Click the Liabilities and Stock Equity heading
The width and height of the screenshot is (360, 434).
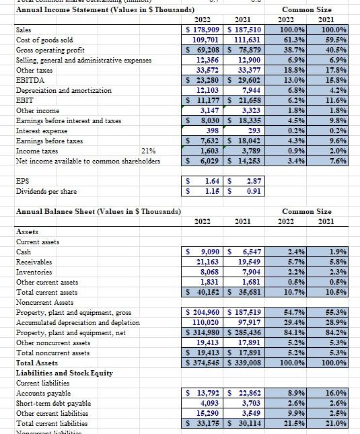pos(64,373)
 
